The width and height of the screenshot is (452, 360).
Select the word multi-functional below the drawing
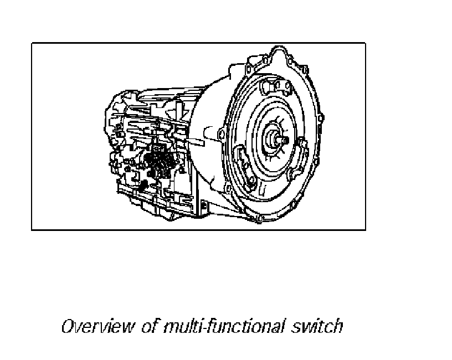click(224, 327)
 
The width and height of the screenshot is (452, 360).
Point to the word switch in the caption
click(317, 327)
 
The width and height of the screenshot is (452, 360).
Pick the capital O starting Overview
click(67, 327)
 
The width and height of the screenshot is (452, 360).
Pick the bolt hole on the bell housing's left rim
click(221, 135)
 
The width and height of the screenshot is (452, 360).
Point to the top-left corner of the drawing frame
click(32, 44)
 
